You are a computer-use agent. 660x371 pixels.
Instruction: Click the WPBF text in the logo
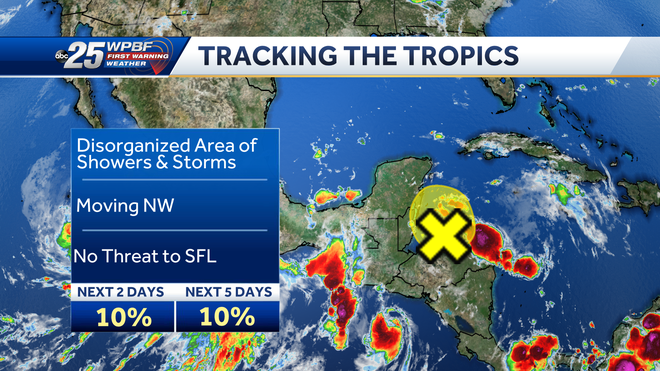point(130,47)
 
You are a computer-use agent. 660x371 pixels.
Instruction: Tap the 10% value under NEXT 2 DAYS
point(123,317)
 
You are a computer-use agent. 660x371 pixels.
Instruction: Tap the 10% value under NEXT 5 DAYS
point(227,317)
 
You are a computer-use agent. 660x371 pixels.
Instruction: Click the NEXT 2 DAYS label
point(123,292)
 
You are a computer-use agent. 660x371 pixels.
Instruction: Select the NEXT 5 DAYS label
point(227,292)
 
